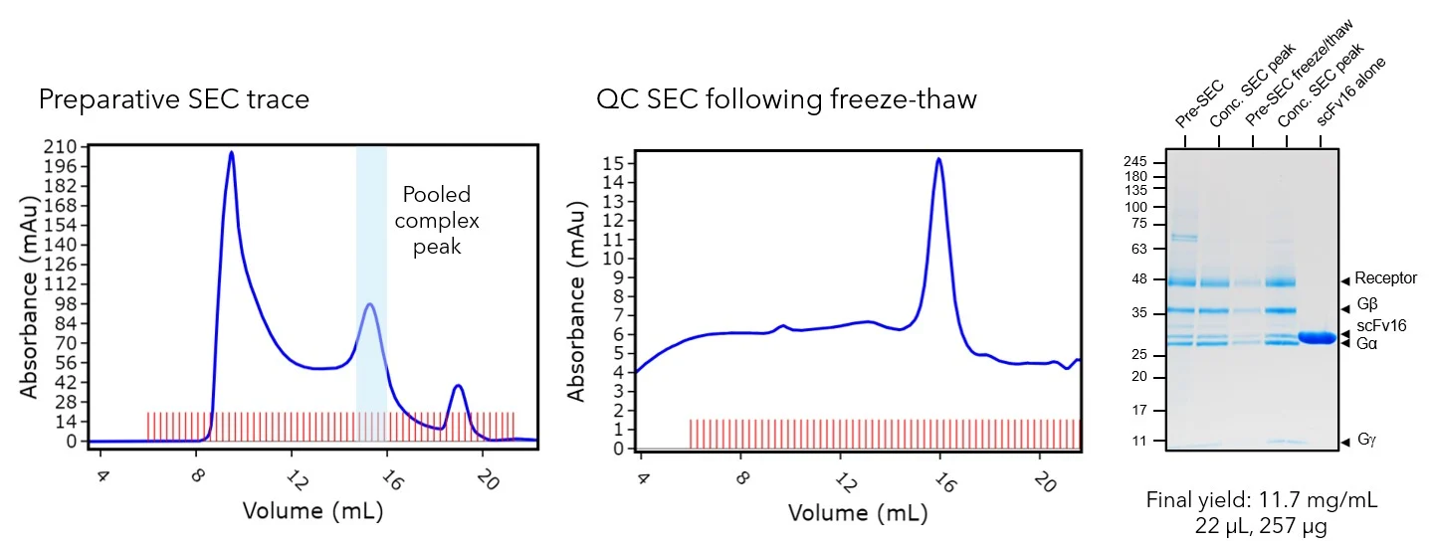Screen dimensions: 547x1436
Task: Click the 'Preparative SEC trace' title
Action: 173,99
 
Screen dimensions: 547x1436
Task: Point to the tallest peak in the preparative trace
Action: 231,153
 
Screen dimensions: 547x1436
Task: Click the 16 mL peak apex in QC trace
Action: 938,159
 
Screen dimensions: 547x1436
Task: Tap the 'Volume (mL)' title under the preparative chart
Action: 313,511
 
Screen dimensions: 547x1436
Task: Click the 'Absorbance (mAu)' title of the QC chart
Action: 576,304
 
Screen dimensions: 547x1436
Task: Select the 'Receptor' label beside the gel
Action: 1390,280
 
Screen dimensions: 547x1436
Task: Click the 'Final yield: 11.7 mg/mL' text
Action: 1262,500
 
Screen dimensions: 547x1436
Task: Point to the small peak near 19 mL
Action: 458,386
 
